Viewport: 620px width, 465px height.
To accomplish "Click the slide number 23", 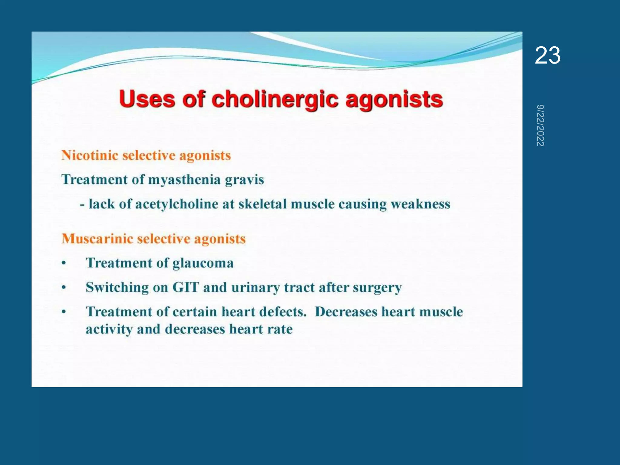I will point(547,55).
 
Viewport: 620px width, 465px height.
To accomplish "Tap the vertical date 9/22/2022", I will point(540,126).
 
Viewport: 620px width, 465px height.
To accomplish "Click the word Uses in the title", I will point(147,99).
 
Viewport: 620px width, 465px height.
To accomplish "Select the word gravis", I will point(244,180).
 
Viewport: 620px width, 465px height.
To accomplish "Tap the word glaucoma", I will point(203,263).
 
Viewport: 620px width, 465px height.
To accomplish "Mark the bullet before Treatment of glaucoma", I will point(64,263).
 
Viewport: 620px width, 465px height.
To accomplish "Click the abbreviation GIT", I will point(186,287).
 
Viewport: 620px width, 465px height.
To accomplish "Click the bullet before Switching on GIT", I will point(64,287).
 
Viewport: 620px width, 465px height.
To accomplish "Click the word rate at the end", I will point(280,329).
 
